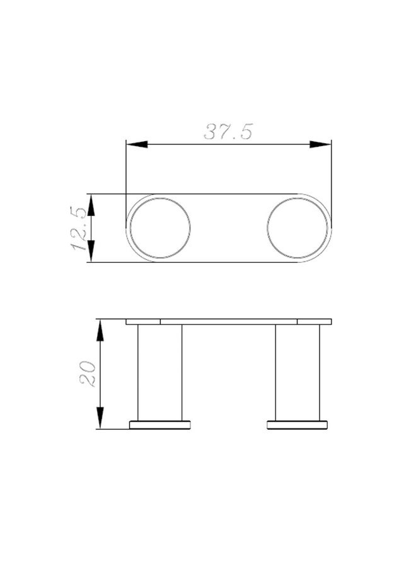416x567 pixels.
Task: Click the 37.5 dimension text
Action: pyautogui.click(x=228, y=132)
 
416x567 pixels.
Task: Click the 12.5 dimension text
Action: pyautogui.click(x=79, y=228)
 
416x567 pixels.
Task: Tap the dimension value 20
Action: pyautogui.click(x=87, y=374)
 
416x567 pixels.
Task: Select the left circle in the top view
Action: pyautogui.click(x=159, y=227)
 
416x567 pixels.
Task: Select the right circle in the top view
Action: pyautogui.click(x=298, y=227)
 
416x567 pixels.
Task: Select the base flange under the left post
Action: pyautogui.click(x=160, y=425)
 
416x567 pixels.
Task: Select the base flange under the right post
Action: pyautogui.click(x=298, y=425)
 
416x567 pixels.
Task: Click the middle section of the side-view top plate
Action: pyautogui.click(x=229, y=321)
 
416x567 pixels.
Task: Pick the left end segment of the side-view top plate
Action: pyautogui.click(x=143, y=321)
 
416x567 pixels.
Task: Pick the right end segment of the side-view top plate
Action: pyautogui.click(x=314, y=321)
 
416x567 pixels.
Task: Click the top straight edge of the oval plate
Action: pyautogui.click(x=229, y=194)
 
